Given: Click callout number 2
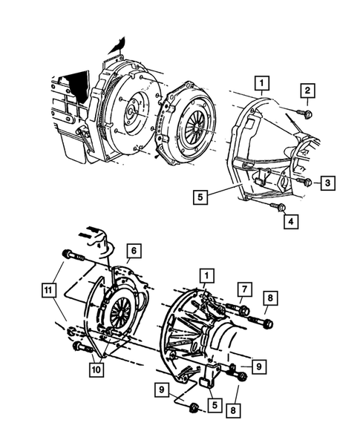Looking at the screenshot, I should click(x=307, y=91).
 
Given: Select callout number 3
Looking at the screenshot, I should click(x=327, y=182).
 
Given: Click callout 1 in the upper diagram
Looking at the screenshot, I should click(x=262, y=81).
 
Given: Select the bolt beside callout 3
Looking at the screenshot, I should click(x=304, y=181).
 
